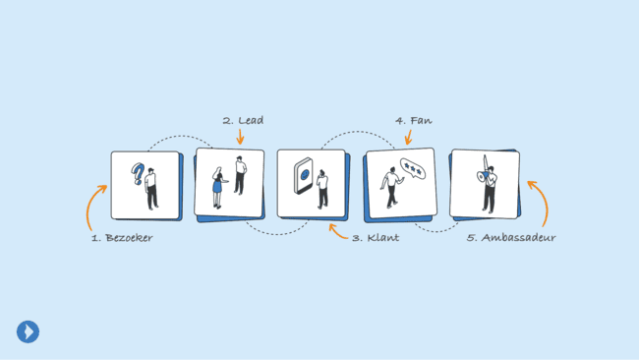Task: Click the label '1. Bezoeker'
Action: coord(122,238)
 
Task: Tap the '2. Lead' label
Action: coord(243,121)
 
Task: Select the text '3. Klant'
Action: coord(376,238)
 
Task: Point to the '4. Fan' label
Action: coord(414,121)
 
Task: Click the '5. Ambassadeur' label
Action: coord(511,238)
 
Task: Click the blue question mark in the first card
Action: coord(139,176)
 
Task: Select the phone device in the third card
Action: coord(303,181)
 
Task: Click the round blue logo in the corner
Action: coord(28,331)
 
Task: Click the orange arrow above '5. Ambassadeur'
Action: coord(539,201)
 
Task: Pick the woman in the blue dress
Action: coord(217,186)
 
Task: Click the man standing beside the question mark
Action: coord(151,188)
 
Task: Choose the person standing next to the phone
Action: coord(321,188)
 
